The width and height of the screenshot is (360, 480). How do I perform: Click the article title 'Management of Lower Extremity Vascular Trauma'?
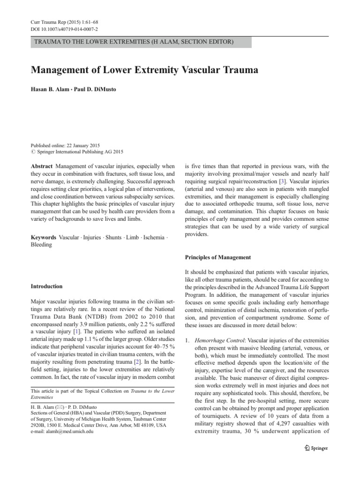[144, 70]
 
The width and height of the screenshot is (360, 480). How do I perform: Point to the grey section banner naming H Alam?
[141, 42]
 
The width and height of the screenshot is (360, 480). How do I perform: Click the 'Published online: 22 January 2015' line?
[65, 146]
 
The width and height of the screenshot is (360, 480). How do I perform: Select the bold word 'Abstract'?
[42, 166]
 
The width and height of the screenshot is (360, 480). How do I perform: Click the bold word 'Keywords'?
[44, 238]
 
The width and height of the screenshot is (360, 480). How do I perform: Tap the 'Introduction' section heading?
[47, 286]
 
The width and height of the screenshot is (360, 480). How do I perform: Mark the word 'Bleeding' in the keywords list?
[42, 245]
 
